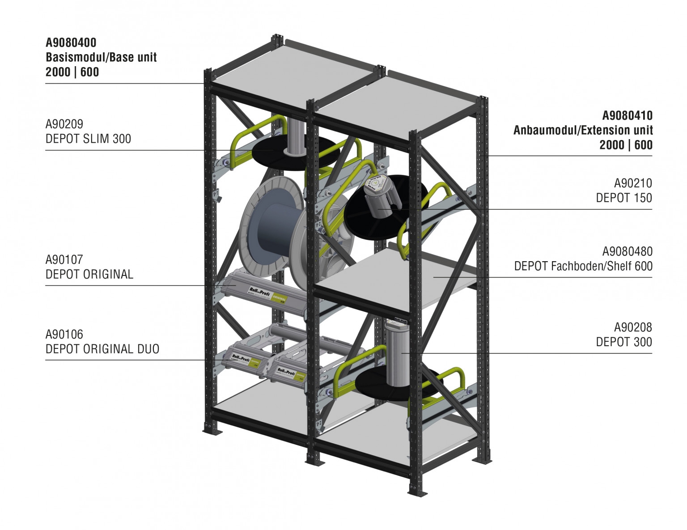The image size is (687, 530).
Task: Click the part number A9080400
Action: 71,42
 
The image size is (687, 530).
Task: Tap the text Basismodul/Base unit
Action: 101,57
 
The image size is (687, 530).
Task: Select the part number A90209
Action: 64,124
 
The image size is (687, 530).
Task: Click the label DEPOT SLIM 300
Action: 88,139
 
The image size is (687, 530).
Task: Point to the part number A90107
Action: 64,259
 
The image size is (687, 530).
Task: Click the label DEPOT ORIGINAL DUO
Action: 102,349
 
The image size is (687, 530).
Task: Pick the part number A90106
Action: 64,334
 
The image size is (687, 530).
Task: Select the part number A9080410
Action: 627,115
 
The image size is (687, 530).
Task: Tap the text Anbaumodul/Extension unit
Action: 583,130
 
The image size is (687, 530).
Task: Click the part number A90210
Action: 633,183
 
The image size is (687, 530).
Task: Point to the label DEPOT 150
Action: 624,198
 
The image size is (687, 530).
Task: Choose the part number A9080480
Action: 627,251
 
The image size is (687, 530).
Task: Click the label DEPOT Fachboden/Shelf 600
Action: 583,266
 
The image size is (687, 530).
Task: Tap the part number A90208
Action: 633,327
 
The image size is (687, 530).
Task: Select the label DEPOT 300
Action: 624,342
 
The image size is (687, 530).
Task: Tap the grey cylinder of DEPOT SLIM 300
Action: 295,136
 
